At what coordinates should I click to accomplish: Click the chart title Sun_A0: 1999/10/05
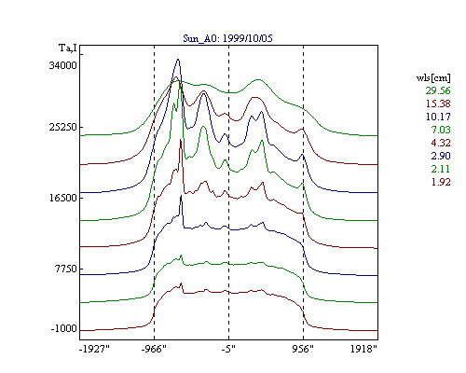[x=227, y=38]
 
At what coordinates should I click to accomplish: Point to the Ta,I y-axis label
[x=67, y=48]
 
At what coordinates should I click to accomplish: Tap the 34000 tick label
[x=62, y=65]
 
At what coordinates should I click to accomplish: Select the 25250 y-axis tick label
[x=62, y=127]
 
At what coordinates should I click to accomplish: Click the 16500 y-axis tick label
[x=62, y=198]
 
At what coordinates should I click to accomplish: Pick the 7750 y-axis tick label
[x=65, y=269]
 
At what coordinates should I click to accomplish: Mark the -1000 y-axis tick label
[x=63, y=328]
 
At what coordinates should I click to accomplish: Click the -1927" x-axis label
[x=94, y=349]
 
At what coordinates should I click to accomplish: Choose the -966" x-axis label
[x=154, y=349]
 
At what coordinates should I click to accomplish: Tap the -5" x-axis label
[x=228, y=349]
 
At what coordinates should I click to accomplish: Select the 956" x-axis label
[x=303, y=349]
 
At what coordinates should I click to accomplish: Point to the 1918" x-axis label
[x=363, y=349]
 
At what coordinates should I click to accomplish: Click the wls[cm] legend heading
[x=433, y=77]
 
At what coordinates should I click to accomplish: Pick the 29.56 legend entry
[x=438, y=90]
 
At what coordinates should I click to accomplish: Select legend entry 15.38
[x=438, y=104]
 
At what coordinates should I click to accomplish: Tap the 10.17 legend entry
[x=438, y=117]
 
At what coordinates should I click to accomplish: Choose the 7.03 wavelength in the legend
[x=441, y=130]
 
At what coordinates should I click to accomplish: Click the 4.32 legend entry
[x=441, y=143]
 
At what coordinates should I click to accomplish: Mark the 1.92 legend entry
[x=441, y=182]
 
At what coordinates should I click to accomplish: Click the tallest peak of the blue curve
[x=178, y=59]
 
